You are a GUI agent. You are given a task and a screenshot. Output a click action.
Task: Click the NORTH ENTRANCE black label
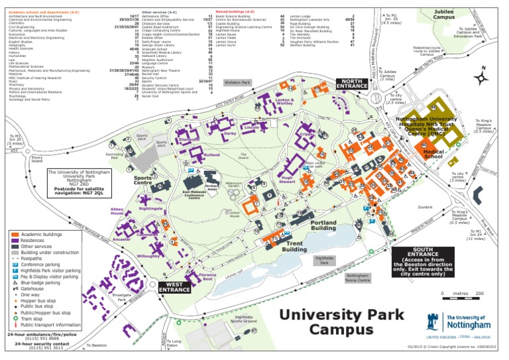354,84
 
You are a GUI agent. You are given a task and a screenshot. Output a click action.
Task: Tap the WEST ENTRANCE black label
175,286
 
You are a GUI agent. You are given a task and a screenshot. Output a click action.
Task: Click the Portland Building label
323,225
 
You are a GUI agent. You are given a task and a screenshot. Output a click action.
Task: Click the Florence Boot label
207,277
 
